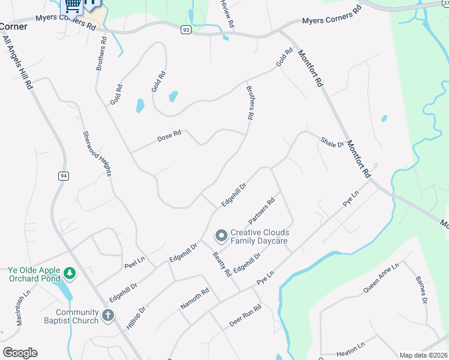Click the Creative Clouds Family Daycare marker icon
click(221, 236)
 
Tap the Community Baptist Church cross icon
click(108, 316)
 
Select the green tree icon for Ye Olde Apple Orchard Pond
click(70, 274)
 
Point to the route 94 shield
click(63, 176)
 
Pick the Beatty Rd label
click(222, 264)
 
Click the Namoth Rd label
click(194, 298)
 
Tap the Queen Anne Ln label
click(381, 278)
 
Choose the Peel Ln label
click(135, 262)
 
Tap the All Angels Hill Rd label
click(17, 62)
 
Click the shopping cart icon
click(73, 5)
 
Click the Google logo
click(20, 353)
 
